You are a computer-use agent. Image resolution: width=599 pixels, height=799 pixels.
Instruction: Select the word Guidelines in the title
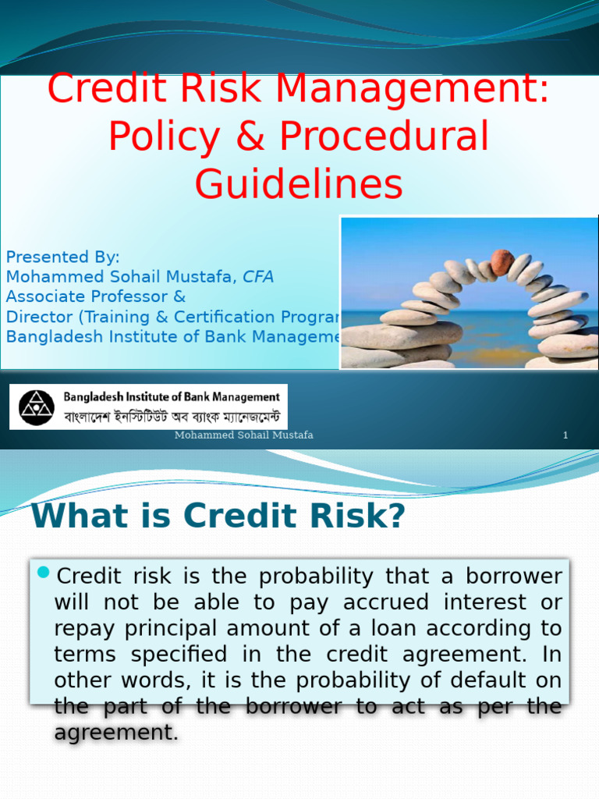(299, 184)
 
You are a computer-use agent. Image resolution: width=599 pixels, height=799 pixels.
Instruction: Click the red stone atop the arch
(502, 262)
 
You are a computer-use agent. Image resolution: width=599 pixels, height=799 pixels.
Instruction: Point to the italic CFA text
(258, 277)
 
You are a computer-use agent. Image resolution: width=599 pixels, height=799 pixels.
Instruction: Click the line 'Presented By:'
(63, 257)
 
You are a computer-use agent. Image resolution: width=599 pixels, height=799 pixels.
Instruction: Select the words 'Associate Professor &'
(96, 297)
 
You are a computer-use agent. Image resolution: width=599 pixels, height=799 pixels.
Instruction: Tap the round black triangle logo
(37, 407)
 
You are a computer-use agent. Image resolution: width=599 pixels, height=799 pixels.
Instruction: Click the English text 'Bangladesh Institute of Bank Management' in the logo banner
(171, 397)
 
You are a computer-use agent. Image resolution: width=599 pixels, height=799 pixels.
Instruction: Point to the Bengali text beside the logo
(171, 416)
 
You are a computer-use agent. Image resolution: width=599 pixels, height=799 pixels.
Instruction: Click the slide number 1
(565, 435)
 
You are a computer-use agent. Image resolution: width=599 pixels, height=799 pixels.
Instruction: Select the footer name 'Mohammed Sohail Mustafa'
(243, 435)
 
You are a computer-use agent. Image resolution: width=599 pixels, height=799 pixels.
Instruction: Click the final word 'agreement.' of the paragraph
(116, 733)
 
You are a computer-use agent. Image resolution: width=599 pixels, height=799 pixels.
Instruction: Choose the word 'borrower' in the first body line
(514, 577)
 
